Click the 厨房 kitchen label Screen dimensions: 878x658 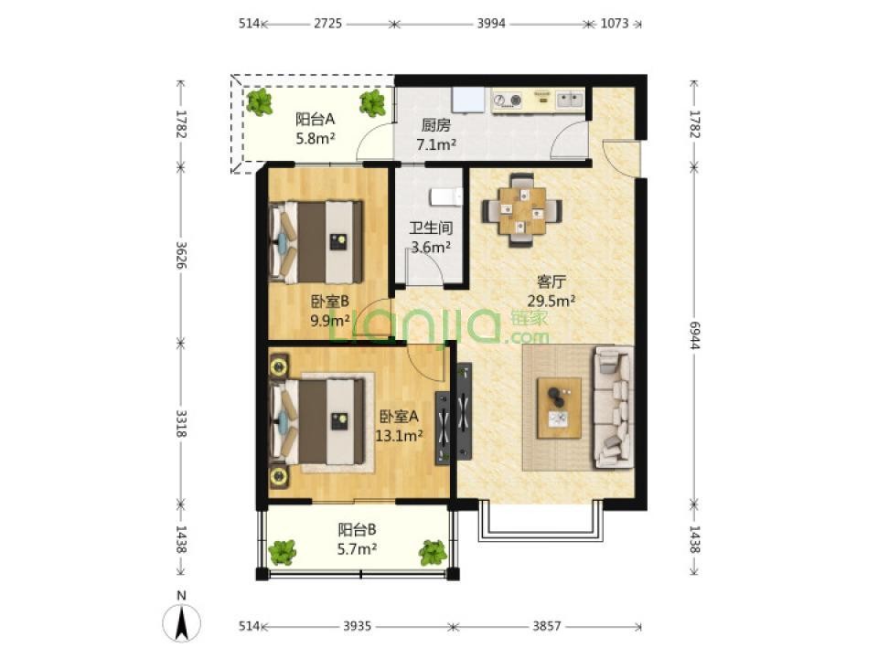click(x=435, y=125)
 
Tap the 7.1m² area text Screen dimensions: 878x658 click(x=435, y=144)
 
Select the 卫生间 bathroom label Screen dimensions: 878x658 click(x=431, y=228)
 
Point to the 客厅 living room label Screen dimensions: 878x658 click(x=551, y=281)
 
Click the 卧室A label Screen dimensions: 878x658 click(x=399, y=417)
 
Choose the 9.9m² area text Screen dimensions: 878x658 click(x=330, y=320)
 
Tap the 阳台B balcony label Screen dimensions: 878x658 click(x=357, y=529)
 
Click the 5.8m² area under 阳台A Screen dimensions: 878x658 click(x=316, y=138)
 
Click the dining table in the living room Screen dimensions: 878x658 click(x=522, y=210)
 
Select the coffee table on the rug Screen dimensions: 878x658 click(x=559, y=408)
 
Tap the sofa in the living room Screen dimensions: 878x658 click(x=613, y=408)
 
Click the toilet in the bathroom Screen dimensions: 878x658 click(x=446, y=197)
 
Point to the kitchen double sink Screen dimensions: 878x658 click(x=570, y=101)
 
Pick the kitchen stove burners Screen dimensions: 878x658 click(x=508, y=101)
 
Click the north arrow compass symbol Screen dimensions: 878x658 click(x=181, y=622)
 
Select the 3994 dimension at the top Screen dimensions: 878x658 click(x=491, y=24)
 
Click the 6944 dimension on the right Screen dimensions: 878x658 click(x=694, y=335)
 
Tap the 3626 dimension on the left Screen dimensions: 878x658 click(x=180, y=255)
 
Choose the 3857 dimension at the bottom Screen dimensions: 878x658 click(x=547, y=625)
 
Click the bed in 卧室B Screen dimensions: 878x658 click(x=316, y=241)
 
